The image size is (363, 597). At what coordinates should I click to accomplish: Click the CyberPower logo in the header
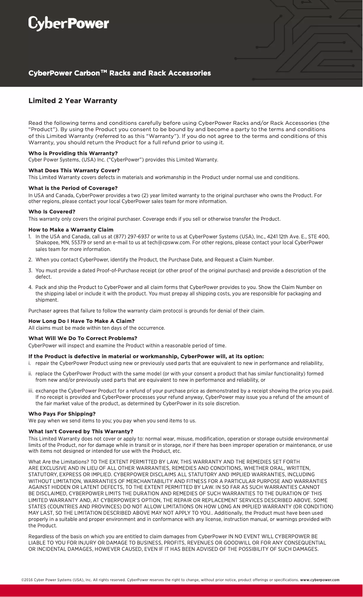[x=69, y=24]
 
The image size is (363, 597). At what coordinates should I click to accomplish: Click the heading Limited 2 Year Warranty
[x=73, y=100]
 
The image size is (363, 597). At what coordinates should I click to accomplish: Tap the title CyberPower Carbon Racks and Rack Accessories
[x=119, y=73]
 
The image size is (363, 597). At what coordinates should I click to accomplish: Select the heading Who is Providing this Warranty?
[x=73, y=153]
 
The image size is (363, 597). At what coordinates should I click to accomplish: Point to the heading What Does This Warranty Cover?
[x=74, y=171]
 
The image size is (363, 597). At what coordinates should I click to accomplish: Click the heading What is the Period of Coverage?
[x=73, y=188]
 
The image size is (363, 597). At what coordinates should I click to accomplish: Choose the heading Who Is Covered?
[x=52, y=212]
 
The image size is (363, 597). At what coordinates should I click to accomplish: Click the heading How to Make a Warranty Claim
[x=71, y=230]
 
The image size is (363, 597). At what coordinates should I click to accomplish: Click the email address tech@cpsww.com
[x=168, y=242]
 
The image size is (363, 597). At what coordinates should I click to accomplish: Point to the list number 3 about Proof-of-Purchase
[x=30, y=270]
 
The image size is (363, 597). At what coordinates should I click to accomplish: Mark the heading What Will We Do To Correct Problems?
[x=83, y=338]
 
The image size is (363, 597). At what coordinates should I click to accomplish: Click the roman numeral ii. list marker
[x=30, y=374]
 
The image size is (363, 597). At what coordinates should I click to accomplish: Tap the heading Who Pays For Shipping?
[x=62, y=414]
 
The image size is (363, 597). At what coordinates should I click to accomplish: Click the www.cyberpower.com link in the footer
[x=320, y=580]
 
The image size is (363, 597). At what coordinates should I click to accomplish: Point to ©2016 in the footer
[x=27, y=580]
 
